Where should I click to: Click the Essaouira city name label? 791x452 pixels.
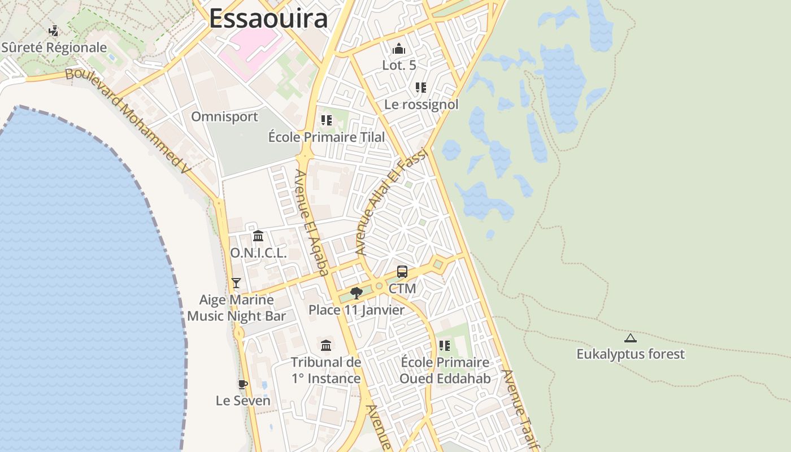(268, 18)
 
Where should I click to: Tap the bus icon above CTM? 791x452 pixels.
(402, 272)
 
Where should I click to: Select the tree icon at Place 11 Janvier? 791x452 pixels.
(356, 293)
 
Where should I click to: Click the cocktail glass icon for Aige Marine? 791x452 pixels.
(236, 283)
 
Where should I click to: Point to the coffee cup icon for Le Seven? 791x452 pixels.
(243, 384)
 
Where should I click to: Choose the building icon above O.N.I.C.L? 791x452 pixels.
(258, 236)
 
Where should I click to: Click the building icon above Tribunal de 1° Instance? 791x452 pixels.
(326, 345)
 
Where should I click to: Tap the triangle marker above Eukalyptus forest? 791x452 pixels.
(630, 338)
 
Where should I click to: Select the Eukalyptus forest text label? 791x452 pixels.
(630, 354)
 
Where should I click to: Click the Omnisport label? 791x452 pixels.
(224, 117)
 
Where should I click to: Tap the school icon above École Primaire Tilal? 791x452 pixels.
(326, 120)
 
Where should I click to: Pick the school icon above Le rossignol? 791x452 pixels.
(420, 87)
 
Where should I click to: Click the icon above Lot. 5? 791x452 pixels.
(399, 49)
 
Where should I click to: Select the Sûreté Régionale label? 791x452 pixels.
(54, 47)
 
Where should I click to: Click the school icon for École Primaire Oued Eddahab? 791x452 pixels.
(445, 345)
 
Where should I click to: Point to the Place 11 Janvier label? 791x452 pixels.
(357, 310)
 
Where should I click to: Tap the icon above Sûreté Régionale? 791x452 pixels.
(54, 31)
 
